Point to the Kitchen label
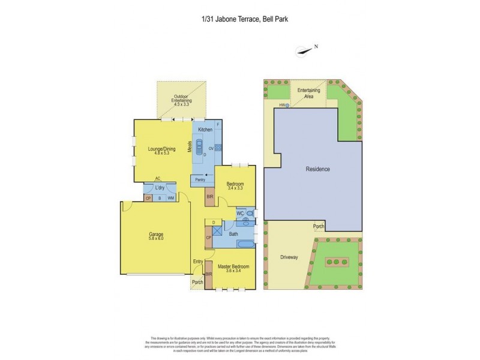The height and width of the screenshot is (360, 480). coord(206,130)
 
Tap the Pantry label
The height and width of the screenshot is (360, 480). coord(200,180)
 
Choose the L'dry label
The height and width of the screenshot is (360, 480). coord(160,188)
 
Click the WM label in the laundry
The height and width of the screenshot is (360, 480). coord(170,198)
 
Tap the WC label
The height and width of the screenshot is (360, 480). coord(239,213)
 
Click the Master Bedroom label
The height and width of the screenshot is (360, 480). coord(233,268)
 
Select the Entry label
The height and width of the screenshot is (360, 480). coord(198,261)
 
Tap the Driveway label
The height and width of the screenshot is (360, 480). coord(289,257)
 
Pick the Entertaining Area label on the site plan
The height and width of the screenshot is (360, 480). coord(309,93)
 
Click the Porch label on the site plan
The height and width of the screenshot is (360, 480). coord(319,226)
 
